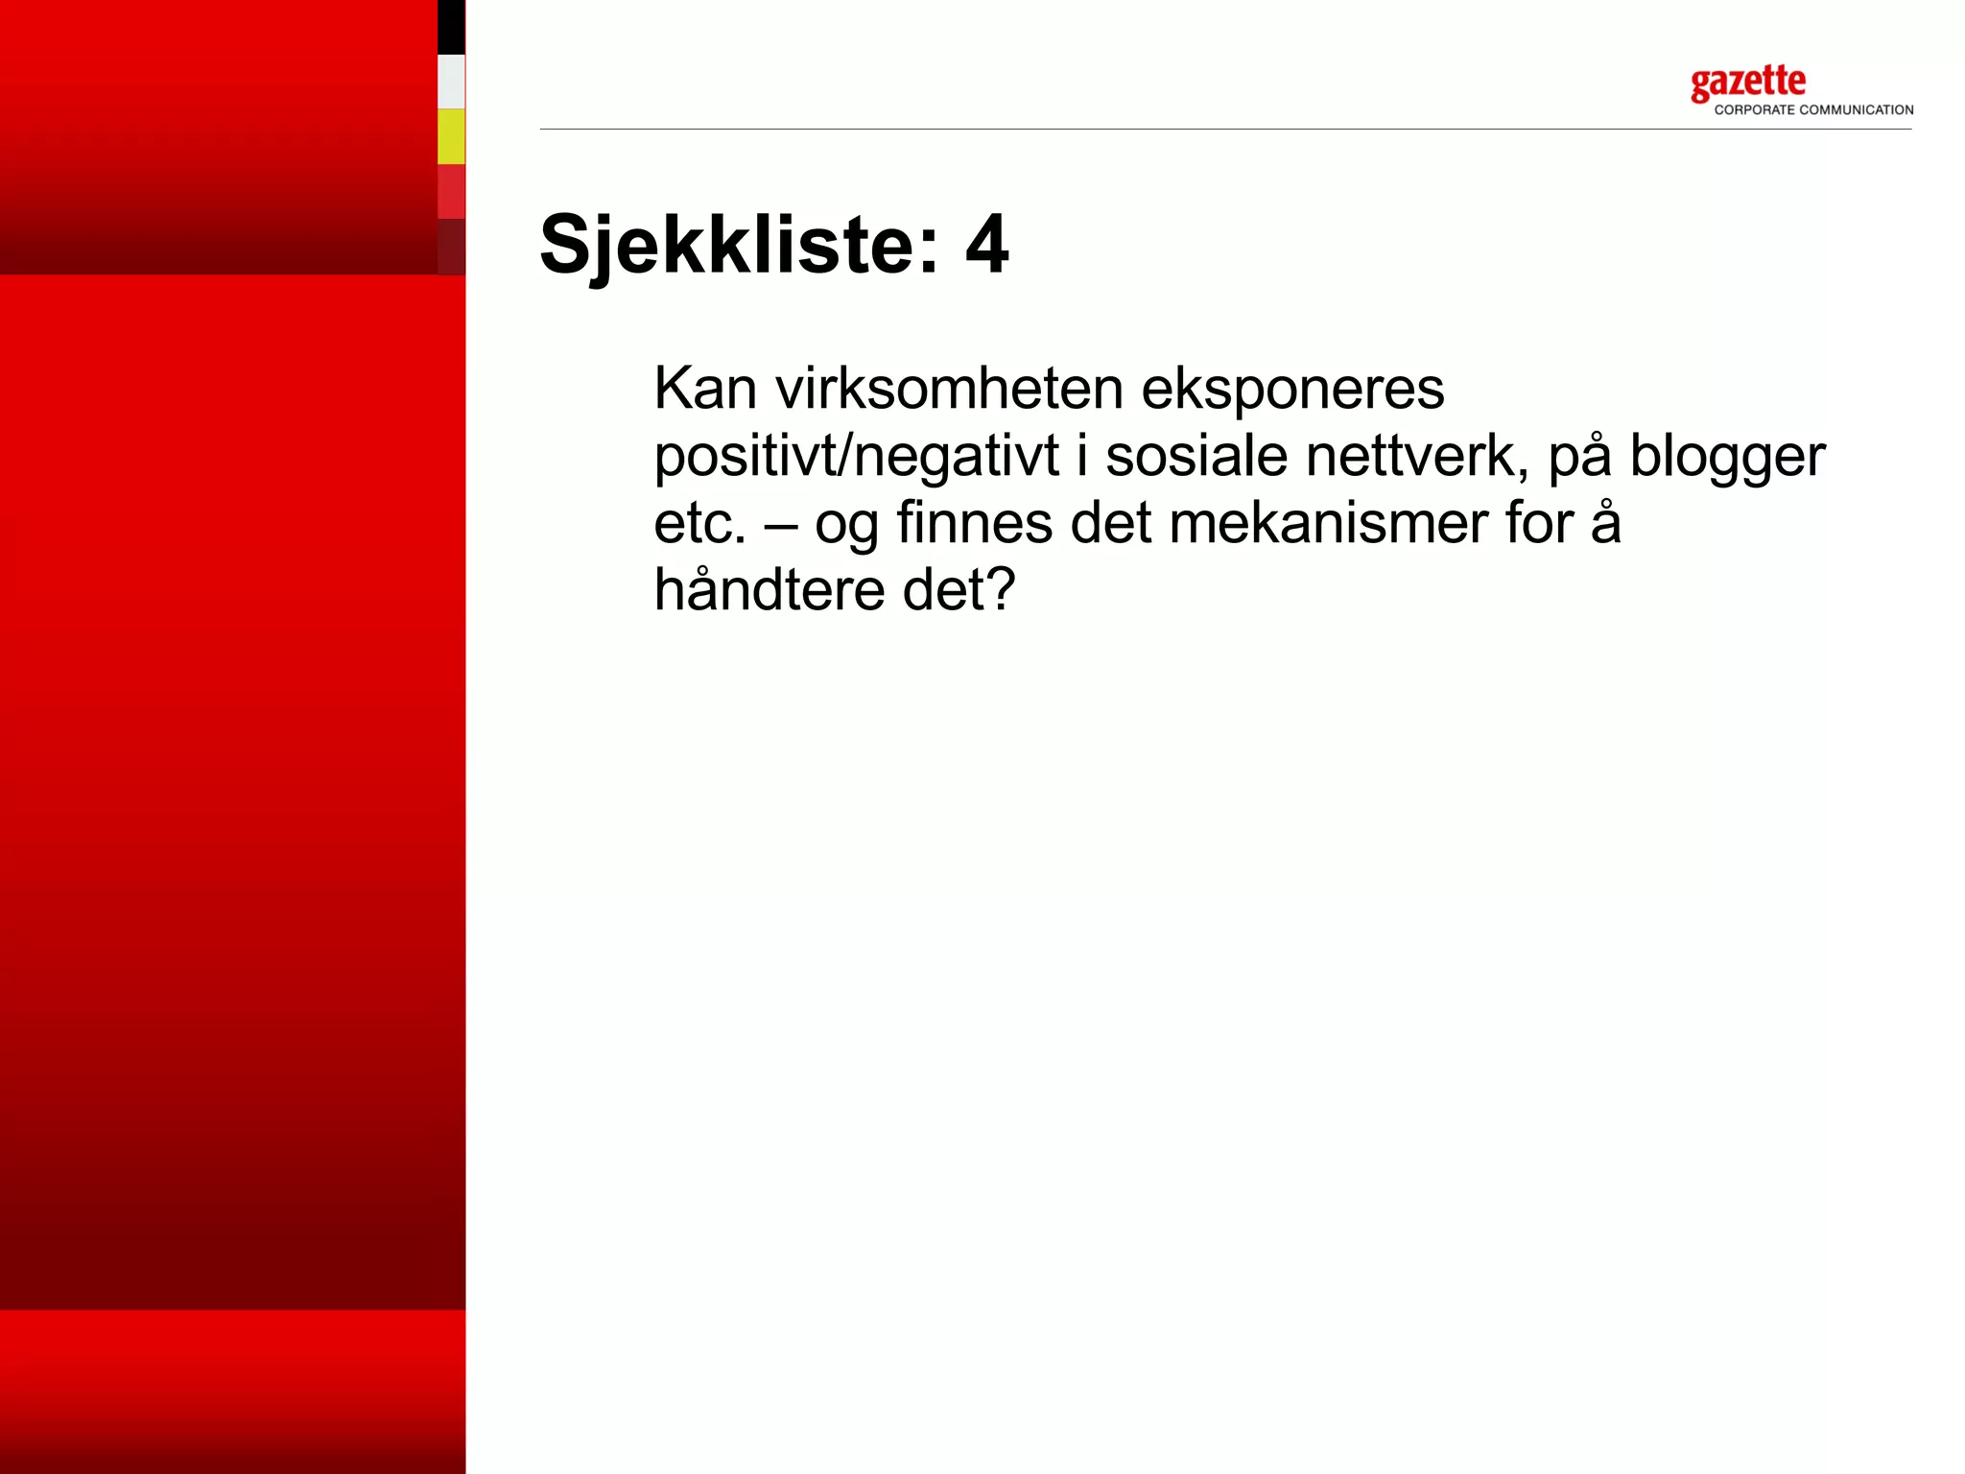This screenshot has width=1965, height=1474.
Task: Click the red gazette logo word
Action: coord(1747,83)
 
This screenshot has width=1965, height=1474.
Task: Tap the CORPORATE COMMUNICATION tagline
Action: coord(1813,110)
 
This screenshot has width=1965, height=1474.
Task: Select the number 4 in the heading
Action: coord(986,246)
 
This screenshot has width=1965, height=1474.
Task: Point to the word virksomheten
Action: coord(949,389)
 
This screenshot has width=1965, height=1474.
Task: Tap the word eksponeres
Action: coord(1292,389)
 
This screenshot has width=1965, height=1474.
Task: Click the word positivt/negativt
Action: coord(856,456)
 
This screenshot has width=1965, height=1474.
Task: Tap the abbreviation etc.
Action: coord(699,524)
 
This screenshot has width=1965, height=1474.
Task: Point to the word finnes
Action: coord(974,523)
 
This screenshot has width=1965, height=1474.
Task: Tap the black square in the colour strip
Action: coord(451,27)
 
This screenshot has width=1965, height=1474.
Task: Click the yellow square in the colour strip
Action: coord(451,136)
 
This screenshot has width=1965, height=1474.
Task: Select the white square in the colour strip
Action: coord(451,82)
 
